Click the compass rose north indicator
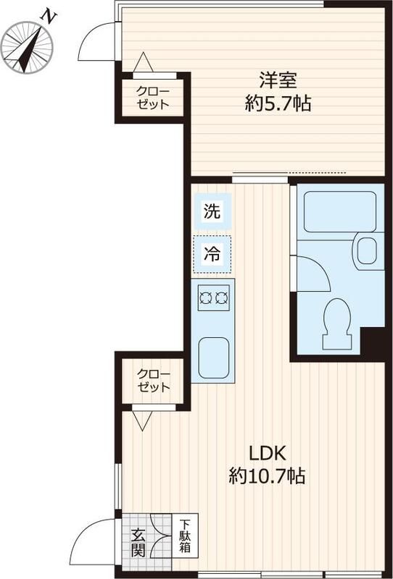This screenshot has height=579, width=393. tap(27, 47)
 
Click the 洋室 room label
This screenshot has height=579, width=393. tap(278, 80)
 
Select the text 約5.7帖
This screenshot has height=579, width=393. tap(278, 103)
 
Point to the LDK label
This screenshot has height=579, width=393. tap(267, 454)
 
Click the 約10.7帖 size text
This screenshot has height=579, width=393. tap(267, 476)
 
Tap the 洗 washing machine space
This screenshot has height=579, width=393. tap(212, 211)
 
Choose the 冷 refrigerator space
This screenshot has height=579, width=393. tap(212, 255)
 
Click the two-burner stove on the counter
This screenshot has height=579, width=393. tap(213, 297)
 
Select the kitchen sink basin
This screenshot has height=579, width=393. tap(213, 358)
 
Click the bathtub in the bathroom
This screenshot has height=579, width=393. tap(340, 211)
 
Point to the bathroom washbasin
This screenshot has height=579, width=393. tap(368, 250)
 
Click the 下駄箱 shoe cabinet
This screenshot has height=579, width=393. tap(185, 536)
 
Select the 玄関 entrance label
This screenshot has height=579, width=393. tap(138, 542)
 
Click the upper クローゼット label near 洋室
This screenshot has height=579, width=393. tap(153, 98)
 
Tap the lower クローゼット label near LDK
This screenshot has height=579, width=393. tap(154, 381)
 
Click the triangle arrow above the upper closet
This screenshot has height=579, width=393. tap(143, 62)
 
